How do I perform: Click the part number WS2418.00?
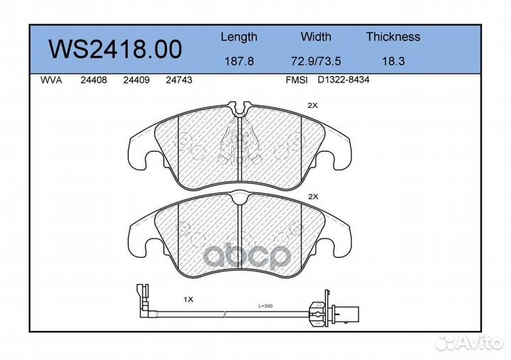114,49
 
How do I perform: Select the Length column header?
238,37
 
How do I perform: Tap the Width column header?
316,37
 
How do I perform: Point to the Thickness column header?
392,37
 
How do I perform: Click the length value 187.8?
238,61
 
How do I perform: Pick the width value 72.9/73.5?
316,61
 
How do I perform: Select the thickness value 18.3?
392,61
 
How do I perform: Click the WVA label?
51,80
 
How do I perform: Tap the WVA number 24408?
94,80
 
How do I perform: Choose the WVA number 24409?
135,80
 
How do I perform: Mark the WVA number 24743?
178,80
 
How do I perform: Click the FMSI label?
296,80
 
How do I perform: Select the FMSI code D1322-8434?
344,80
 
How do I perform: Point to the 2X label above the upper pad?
312,105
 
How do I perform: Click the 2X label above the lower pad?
312,196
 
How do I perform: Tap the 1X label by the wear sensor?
188,300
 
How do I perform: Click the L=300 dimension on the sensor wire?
265,306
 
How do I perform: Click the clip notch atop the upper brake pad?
242,109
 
